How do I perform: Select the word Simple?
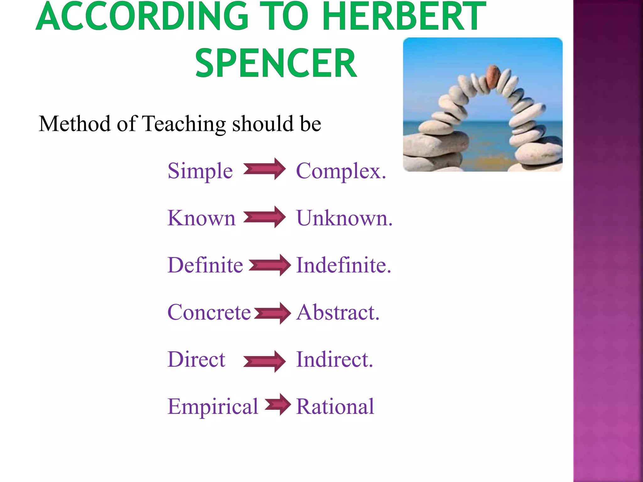[200, 171]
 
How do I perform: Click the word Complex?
[341, 171]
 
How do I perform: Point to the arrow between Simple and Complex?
[264, 169]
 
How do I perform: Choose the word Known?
[201, 218]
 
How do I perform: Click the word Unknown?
[344, 218]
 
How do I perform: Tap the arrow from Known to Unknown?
[264, 217]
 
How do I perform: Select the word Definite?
[205, 265]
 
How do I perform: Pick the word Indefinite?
[343, 265]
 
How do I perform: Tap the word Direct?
[196, 359]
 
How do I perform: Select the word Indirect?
[334, 359]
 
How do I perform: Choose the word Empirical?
[213, 407]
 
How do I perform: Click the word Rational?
[335, 407]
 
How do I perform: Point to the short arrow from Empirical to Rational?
[278, 404]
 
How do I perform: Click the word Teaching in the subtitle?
[184, 124]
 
